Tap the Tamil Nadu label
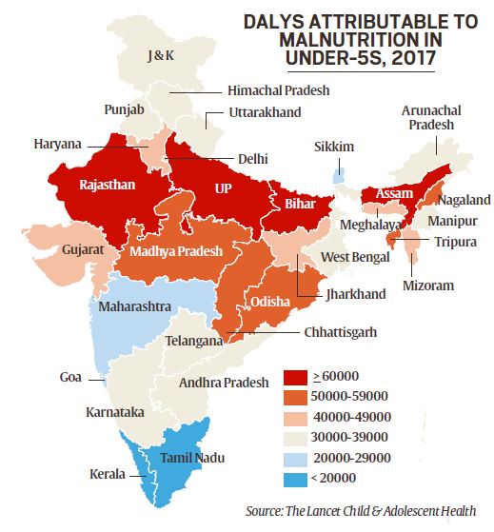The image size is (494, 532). [193, 458]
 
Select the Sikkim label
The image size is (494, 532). [334, 148]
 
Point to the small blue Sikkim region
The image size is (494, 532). [338, 176]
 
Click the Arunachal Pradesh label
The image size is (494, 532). [426, 117]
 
